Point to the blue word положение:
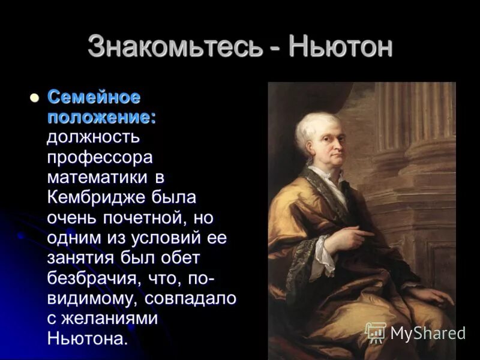click(x=102, y=117)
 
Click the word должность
click(x=94, y=137)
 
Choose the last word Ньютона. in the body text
click(x=88, y=338)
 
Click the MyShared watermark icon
click(x=376, y=333)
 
